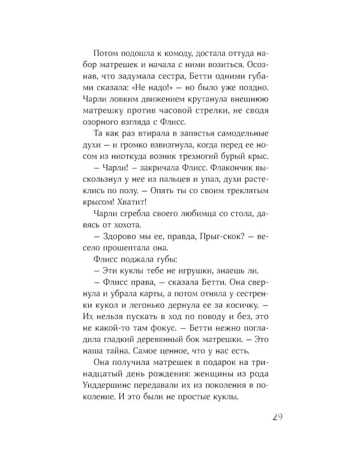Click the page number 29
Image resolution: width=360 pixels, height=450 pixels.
point(273,417)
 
